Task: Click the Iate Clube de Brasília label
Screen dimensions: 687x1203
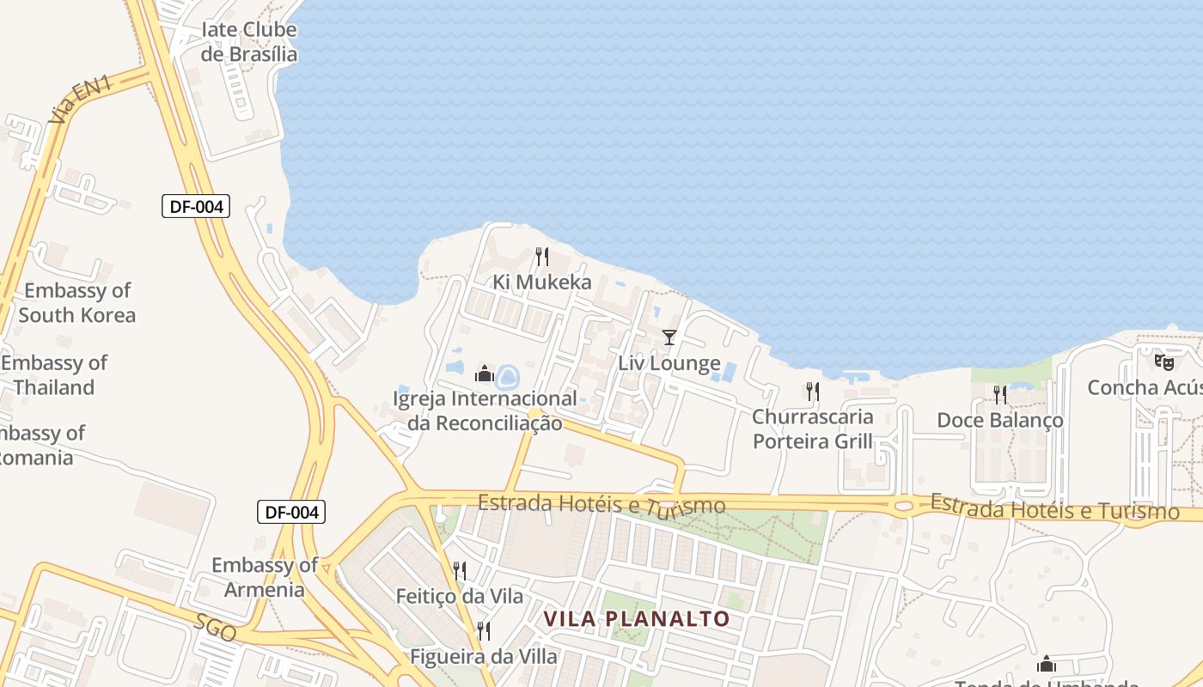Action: click(x=248, y=42)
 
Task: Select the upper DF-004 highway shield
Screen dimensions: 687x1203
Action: click(x=196, y=206)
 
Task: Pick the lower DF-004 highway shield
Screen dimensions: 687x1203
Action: click(x=291, y=513)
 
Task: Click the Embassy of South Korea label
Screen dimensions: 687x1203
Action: click(x=76, y=302)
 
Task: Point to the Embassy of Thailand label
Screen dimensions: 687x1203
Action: click(x=54, y=374)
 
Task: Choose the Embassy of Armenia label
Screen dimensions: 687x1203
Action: click(x=265, y=577)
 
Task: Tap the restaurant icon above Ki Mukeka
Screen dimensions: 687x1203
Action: click(x=541, y=256)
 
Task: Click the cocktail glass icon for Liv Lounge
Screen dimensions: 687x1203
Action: click(x=669, y=337)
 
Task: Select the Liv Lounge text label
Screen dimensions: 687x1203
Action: click(x=669, y=363)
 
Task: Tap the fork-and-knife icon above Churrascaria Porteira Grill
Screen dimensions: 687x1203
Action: click(x=812, y=392)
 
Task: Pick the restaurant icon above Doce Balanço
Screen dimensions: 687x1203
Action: click(x=999, y=394)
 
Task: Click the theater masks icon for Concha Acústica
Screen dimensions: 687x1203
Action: click(x=1163, y=362)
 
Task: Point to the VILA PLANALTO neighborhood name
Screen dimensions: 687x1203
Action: click(x=637, y=618)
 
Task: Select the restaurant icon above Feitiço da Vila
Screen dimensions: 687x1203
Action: click(x=460, y=570)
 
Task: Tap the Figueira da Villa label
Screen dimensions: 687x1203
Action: click(x=484, y=657)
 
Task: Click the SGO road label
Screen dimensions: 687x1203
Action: click(x=215, y=628)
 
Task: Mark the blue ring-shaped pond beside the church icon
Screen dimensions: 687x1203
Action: click(x=508, y=376)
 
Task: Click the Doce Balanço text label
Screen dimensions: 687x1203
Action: click(x=999, y=420)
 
